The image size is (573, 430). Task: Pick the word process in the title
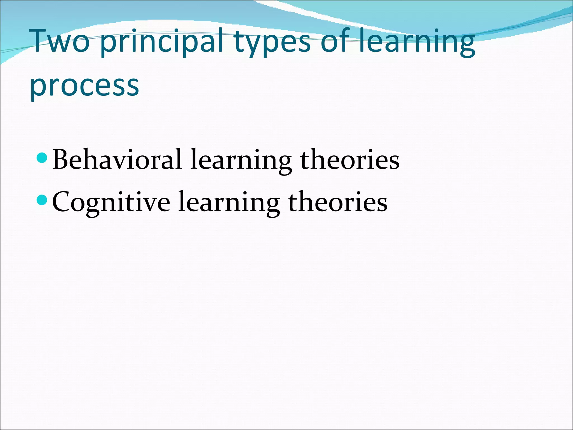point(84,86)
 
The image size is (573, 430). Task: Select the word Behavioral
point(117,160)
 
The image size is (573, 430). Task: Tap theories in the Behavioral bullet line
point(350,160)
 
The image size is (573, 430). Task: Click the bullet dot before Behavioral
point(42,158)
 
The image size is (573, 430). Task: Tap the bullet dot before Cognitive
point(42,200)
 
